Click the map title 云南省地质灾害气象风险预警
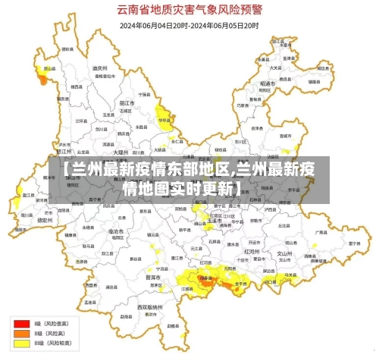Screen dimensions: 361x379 coord(189,11)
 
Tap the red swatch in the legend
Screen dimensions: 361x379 coord(18,322)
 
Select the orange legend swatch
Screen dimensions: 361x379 coord(18,332)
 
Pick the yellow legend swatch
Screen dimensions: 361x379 coord(18,342)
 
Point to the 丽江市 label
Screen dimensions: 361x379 coord(127,102)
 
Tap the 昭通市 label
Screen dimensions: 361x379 coord(266,83)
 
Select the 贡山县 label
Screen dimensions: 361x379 coord(48,68)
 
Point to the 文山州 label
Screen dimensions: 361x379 coord(284,253)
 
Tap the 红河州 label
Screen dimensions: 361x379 coord(251,250)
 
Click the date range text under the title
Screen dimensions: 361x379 coord(189,25)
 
